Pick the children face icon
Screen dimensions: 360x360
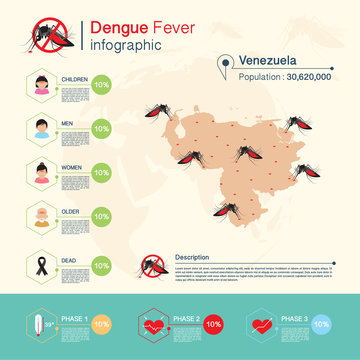(x=42, y=85)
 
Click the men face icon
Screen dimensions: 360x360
(x=42, y=128)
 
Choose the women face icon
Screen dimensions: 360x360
(x=42, y=171)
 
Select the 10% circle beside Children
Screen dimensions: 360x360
(x=100, y=86)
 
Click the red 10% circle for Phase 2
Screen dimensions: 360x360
(x=212, y=325)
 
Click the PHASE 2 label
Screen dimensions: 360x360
(x=184, y=318)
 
